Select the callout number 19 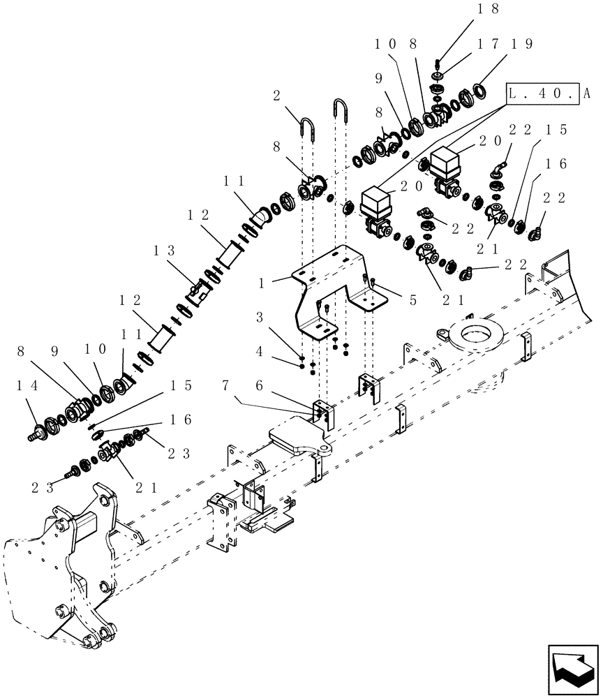point(524,43)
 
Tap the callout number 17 point(487,43)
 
